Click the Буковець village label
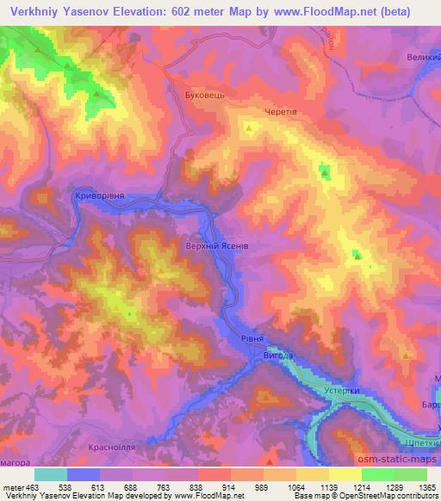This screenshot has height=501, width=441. [205, 95]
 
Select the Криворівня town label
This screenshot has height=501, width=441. [100, 195]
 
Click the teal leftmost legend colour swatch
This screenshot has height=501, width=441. [51, 474]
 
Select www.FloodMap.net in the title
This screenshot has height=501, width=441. [326, 11]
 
